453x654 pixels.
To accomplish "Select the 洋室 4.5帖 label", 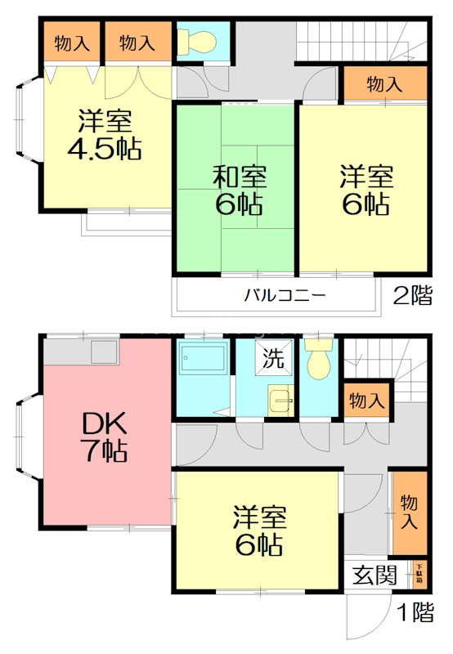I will tap(105, 137).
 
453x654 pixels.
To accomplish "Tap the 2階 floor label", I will tap(413, 295).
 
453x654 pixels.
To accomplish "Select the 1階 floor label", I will tap(415, 611).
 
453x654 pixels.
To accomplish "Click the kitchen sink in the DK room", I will tap(105, 352).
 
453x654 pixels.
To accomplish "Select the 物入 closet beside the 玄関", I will tap(408, 512).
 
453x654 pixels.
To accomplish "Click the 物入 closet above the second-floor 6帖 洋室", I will tap(384, 83).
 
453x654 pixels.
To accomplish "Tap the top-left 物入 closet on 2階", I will tap(72, 43).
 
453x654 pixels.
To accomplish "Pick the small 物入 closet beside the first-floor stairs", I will tap(365, 401).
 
